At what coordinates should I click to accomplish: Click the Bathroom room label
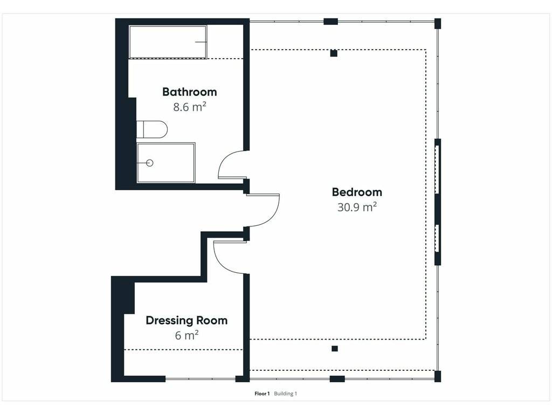coord(189,92)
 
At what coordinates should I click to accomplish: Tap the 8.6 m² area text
coord(189,107)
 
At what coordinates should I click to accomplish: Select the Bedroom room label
coord(357,192)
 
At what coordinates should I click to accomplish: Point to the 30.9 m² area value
coord(357,207)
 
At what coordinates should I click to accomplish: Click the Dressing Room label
coord(187,321)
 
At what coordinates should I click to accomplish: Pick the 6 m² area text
coord(187,335)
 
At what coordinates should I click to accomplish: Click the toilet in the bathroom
coord(151,129)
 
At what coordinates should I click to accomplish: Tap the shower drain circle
coord(150,163)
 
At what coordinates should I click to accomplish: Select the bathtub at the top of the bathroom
coord(168,42)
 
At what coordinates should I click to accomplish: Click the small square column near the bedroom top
coord(334,53)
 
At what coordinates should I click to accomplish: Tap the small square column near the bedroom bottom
coord(335,349)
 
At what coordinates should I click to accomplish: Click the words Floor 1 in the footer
coord(262,394)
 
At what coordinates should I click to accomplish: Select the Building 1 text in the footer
coord(286,394)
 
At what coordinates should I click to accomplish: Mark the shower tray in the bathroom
coord(166,163)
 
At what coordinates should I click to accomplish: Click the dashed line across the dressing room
coord(183,349)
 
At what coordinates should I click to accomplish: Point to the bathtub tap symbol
coord(201,42)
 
